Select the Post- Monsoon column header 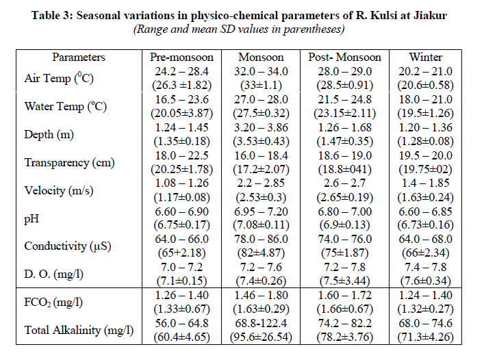[344, 57]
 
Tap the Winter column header [425, 57]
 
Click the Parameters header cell [79, 57]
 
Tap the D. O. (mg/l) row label [55, 274]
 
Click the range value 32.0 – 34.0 [262, 71]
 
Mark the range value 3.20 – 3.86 [262, 127]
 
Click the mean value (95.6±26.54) [262, 337]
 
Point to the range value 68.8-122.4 [262, 323]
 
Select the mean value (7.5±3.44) [344, 281]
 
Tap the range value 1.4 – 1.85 [425, 183]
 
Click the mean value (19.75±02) [425, 169]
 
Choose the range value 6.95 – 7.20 [262, 211]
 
